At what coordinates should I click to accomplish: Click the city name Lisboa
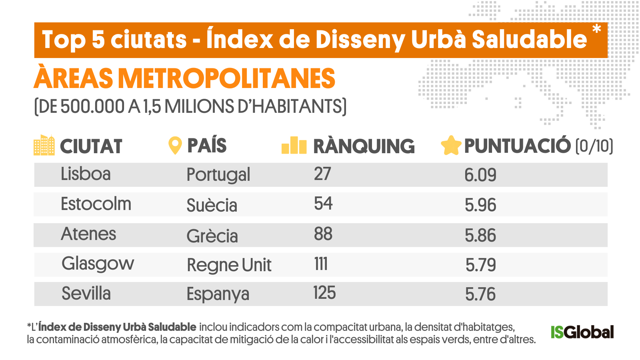tap(86, 174)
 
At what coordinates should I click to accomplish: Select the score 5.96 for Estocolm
tap(480, 205)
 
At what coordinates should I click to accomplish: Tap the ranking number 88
tap(323, 234)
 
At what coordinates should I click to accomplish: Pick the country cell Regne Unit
tap(229, 265)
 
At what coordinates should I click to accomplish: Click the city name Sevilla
tap(86, 294)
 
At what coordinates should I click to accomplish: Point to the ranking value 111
tap(321, 264)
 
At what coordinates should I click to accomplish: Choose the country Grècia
tap(212, 236)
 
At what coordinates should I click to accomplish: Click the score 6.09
tap(480, 175)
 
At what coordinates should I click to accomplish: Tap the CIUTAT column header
tap(91, 146)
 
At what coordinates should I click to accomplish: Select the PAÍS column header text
tap(207, 145)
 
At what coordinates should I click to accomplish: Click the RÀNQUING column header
tap(364, 146)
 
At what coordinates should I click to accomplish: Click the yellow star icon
tap(451, 146)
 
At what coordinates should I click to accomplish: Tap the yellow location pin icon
tap(175, 146)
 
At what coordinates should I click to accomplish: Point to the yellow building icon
tap(44, 145)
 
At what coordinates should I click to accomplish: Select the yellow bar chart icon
tap(294, 145)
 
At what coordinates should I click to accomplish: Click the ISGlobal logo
tap(582, 332)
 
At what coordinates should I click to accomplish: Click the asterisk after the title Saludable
tap(596, 29)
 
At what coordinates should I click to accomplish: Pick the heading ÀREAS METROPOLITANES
tap(184, 78)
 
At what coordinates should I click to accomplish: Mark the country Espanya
tap(218, 294)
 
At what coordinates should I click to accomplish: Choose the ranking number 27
tap(322, 174)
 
